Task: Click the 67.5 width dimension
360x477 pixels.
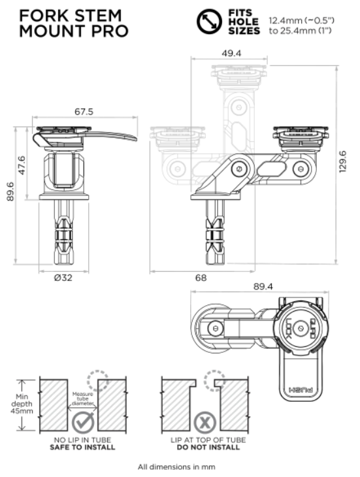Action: click(x=84, y=112)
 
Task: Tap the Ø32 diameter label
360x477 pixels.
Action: click(x=63, y=278)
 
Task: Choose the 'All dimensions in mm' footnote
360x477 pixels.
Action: click(x=176, y=467)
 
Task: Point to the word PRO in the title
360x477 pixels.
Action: click(x=109, y=31)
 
